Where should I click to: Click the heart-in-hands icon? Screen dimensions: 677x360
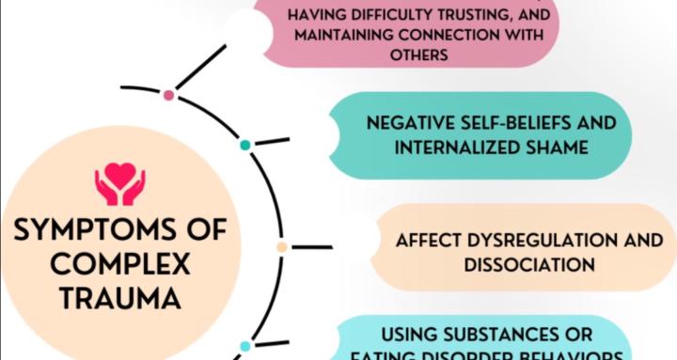pyautogui.click(x=119, y=184)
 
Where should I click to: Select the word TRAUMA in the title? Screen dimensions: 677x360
pyautogui.click(x=118, y=299)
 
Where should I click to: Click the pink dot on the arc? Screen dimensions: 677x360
pyautogui.click(x=168, y=95)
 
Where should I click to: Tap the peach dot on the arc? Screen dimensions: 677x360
pyautogui.click(x=282, y=247)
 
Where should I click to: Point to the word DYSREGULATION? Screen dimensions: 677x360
pyautogui.click(x=547, y=240)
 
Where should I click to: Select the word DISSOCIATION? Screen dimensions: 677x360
pyautogui.click(x=528, y=264)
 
